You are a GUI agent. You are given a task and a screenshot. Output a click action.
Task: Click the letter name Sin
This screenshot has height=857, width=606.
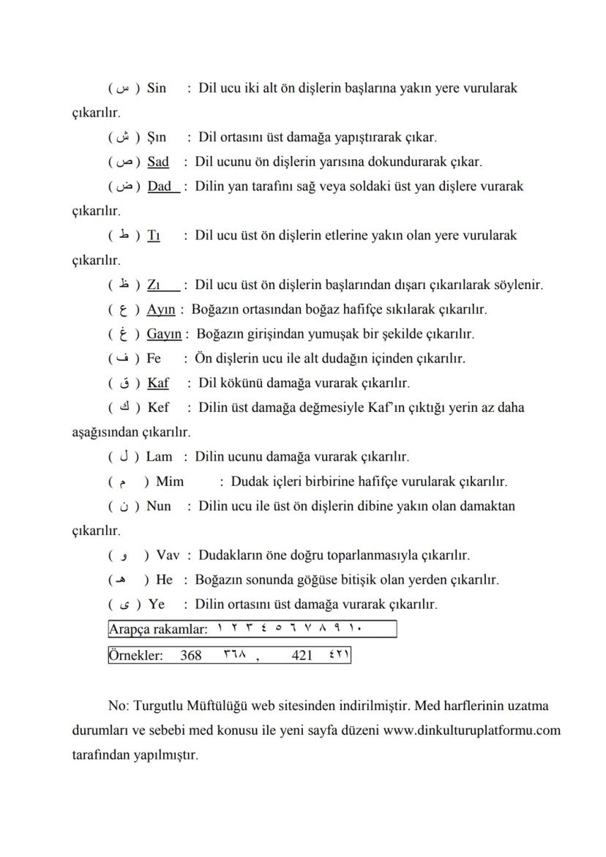pos(156,89)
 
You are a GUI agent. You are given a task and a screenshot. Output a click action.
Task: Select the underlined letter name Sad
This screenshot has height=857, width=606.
pos(157,162)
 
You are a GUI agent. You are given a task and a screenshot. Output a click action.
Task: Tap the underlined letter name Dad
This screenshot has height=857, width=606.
pos(160,187)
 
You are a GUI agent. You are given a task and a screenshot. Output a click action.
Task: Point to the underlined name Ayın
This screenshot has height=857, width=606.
pos(160,310)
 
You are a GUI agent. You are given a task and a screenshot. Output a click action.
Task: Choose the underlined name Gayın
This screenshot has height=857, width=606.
pos(164,334)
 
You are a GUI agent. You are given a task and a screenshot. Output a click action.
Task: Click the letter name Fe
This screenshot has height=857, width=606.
pos(154,359)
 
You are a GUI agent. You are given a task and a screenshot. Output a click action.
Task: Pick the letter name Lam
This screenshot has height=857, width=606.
pos(160,457)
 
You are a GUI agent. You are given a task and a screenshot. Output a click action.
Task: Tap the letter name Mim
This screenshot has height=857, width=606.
pos(170,482)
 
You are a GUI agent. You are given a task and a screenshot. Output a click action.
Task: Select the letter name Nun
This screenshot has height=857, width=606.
pos(159,506)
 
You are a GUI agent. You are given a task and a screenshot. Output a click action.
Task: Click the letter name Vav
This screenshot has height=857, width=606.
pos(168,555)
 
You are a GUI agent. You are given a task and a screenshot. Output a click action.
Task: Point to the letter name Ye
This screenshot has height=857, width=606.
pos(156,605)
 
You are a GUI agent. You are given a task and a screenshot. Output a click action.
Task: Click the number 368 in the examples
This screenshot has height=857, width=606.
pos(191,656)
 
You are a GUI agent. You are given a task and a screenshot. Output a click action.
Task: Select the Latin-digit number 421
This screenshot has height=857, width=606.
pos(302,656)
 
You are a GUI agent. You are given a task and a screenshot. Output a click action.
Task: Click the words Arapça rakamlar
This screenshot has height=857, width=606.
pos(157,629)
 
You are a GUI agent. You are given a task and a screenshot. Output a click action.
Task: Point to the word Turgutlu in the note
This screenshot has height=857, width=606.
pos(159,706)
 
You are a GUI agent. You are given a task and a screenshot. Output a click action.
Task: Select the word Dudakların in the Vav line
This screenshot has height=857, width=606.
pos(228,555)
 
